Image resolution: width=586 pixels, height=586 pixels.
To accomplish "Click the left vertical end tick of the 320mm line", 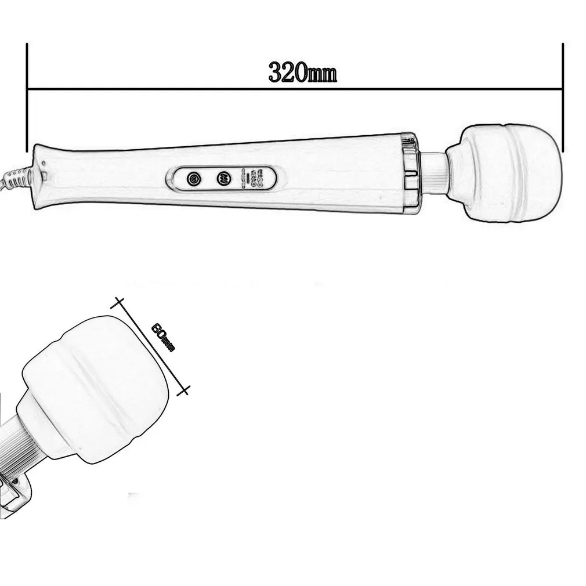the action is click(27, 97).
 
